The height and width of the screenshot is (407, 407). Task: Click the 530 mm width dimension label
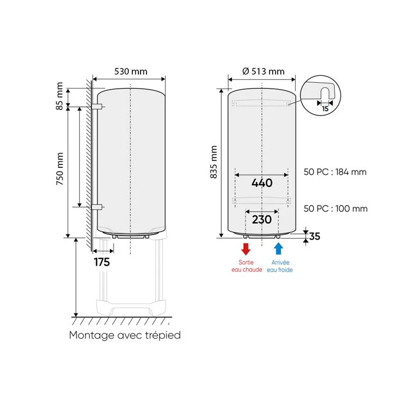131,71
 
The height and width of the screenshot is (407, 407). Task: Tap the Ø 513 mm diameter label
263,71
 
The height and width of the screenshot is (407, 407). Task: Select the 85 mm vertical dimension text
60,96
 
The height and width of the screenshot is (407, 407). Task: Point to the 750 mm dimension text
60,169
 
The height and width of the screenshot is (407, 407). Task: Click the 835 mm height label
213,162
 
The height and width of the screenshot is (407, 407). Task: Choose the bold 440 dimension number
262,183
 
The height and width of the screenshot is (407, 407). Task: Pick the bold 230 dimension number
261,220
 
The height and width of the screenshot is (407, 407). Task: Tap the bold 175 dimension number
102,262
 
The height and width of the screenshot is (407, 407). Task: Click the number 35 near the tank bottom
314,237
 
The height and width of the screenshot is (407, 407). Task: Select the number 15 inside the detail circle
325,109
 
